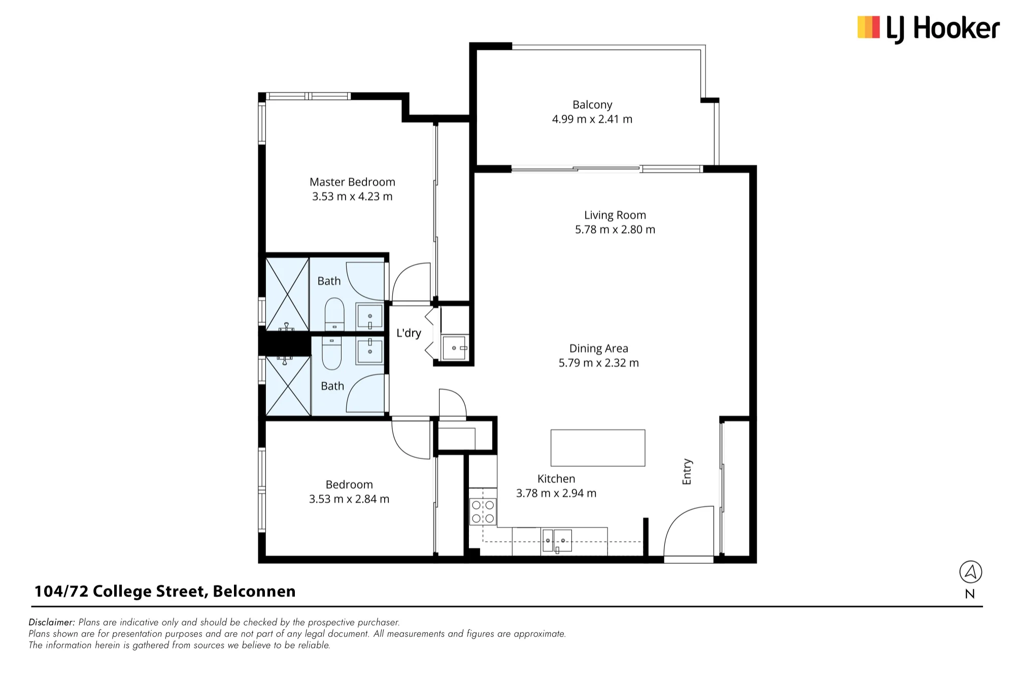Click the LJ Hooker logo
point(928,28)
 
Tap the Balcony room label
point(592,105)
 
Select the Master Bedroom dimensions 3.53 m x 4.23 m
point(352,196)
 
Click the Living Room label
point(615,215)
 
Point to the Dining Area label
point(599,349)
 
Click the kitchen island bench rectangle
point(598,448)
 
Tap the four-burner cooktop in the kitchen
point(483,512)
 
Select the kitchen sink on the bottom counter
point(557,541)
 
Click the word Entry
point(687,471)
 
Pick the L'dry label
point(409,333)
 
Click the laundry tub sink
point(455,348)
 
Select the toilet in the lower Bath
point(332,353)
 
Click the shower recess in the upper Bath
point(288,294)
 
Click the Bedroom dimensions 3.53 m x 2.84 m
point(349,499)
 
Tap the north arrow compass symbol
point(970,572)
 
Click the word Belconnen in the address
point(254,591)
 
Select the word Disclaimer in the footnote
point(52,622)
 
